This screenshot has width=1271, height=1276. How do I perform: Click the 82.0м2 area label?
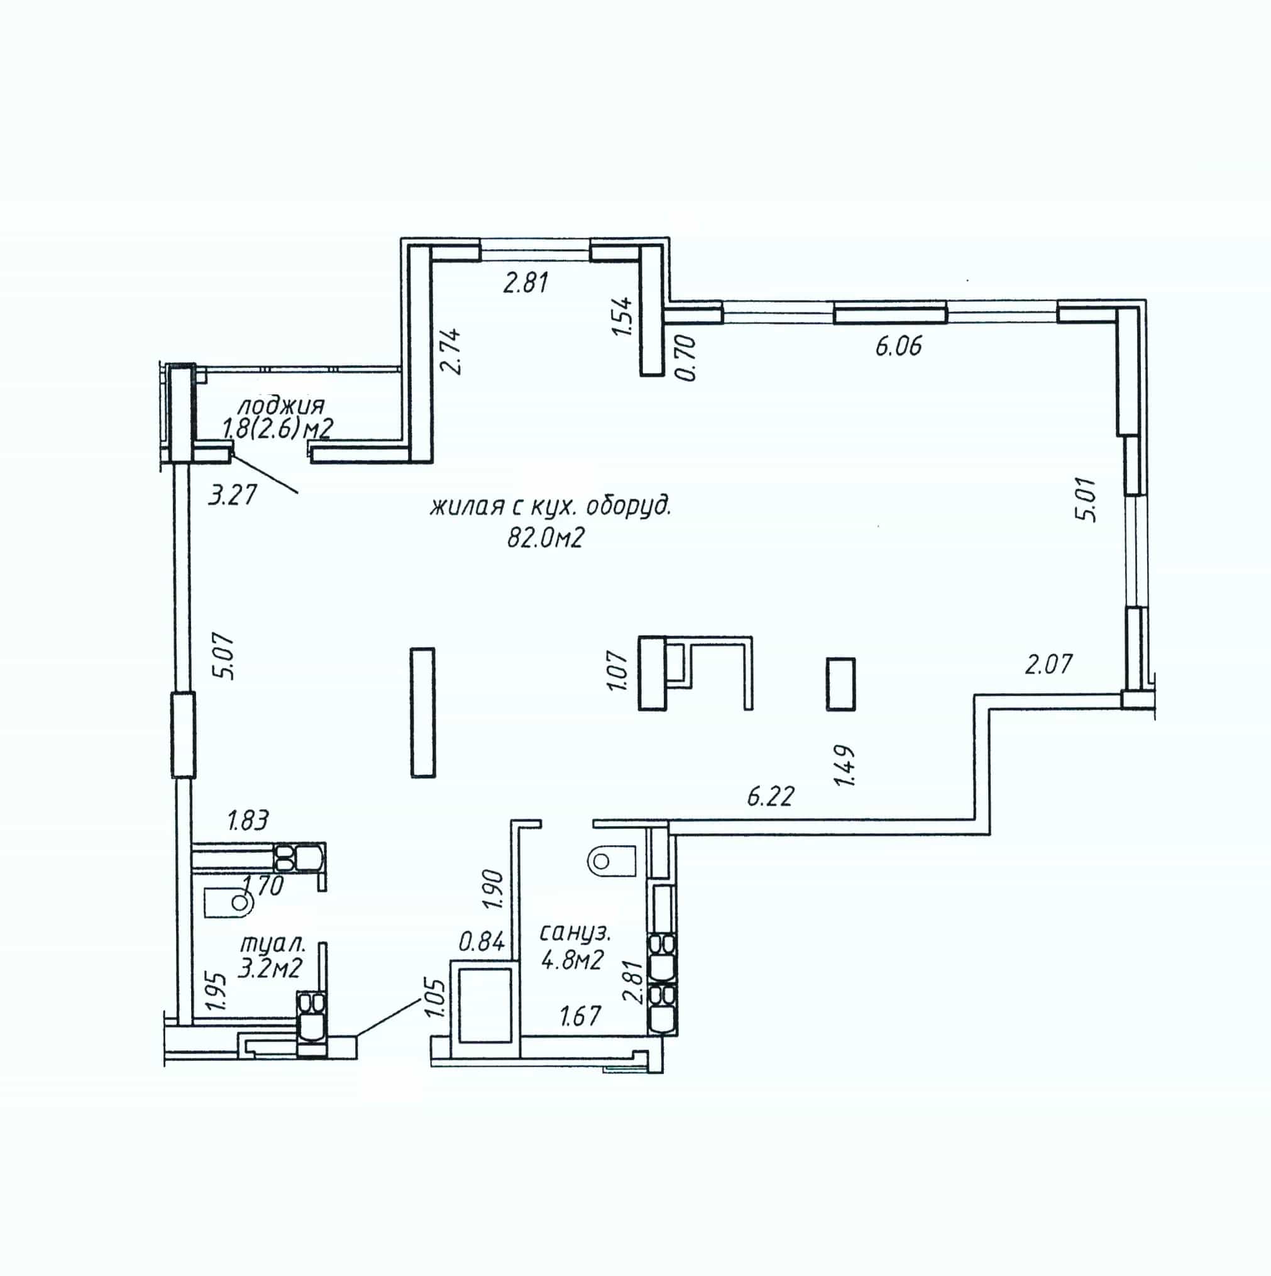tap(546, 539)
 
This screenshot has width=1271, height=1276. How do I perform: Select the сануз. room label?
tap(575, 933)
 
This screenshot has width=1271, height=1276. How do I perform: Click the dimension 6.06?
tap(898, 346)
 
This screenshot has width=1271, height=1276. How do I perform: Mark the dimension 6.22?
tap(770, 797)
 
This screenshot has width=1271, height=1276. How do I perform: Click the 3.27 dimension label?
tap(232, 495)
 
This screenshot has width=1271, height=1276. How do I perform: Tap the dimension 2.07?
tap(1048, 663)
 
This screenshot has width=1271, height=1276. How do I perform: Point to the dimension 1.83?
tap(248, 821)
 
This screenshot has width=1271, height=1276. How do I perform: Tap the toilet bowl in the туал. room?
tap(228, 902)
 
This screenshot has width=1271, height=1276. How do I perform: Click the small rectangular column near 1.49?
tap(840, 684)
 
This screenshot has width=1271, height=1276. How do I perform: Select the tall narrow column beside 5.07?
tap(422, 712)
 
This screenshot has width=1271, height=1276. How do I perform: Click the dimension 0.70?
tap(686, 357)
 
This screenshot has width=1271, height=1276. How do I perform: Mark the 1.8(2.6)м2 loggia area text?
tap(277, 430)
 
